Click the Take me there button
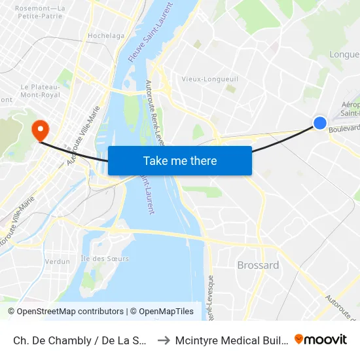pos(179,160)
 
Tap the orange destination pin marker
pos(40,128)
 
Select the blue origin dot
pos(320,122)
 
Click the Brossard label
pos(258,265)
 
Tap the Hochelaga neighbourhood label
pos(105,36)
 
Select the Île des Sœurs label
pos(105,259)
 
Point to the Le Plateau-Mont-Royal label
pos(41,90)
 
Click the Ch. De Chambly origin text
pos(79,340)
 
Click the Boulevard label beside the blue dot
pos(344,129)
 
